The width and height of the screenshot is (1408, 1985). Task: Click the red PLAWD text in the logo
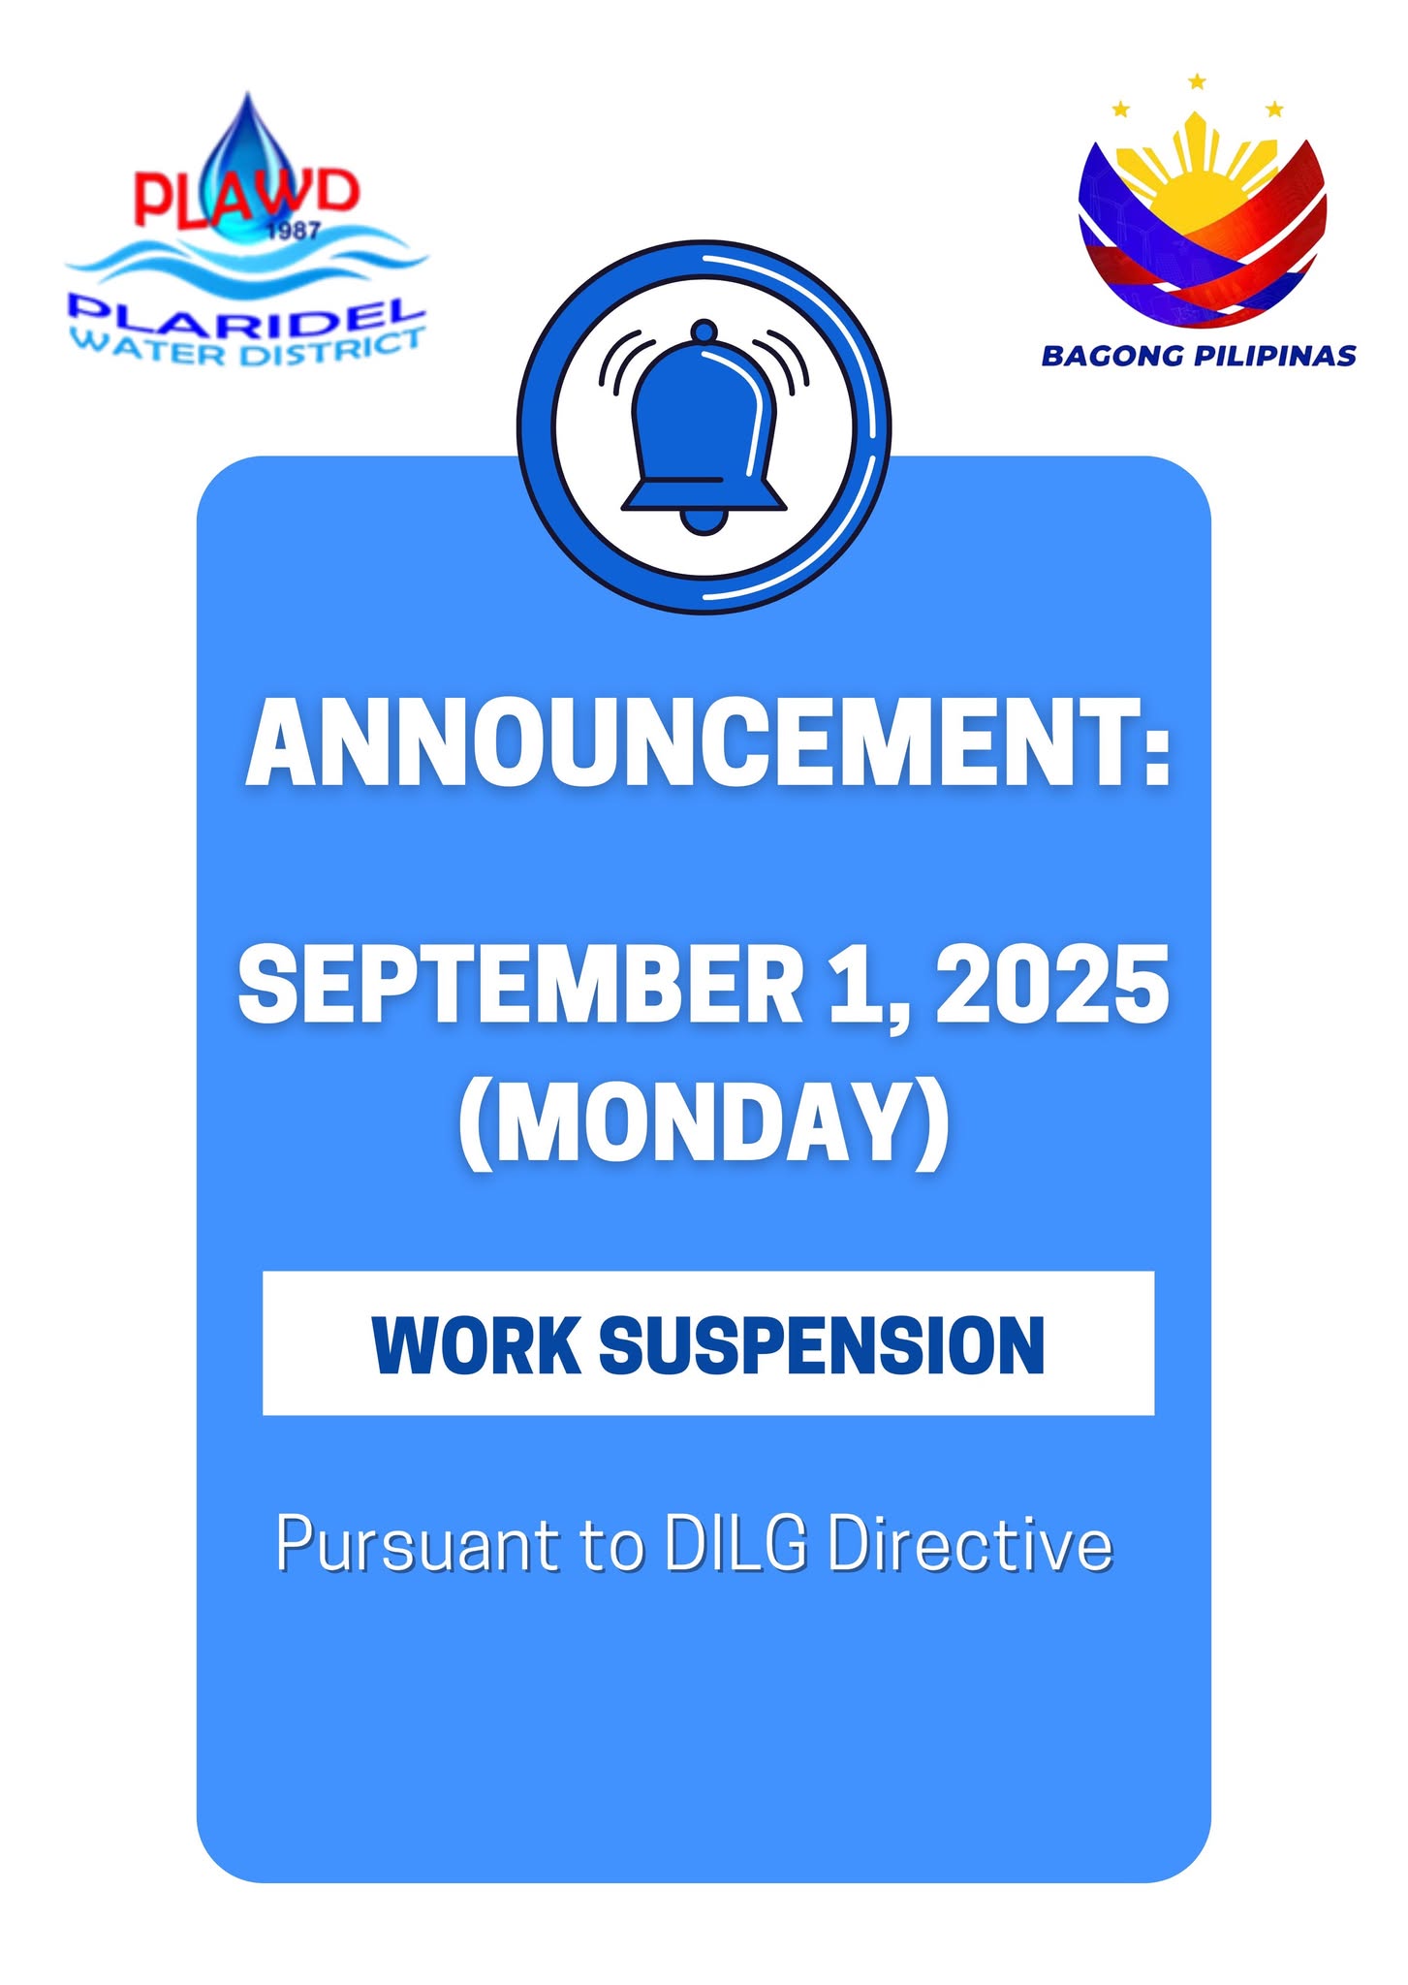[246, 197]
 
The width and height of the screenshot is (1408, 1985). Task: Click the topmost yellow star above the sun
[1197, 81]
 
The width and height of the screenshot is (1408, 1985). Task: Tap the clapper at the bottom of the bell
[704, 521]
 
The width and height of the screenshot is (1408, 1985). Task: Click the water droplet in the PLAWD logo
[247, 165]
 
